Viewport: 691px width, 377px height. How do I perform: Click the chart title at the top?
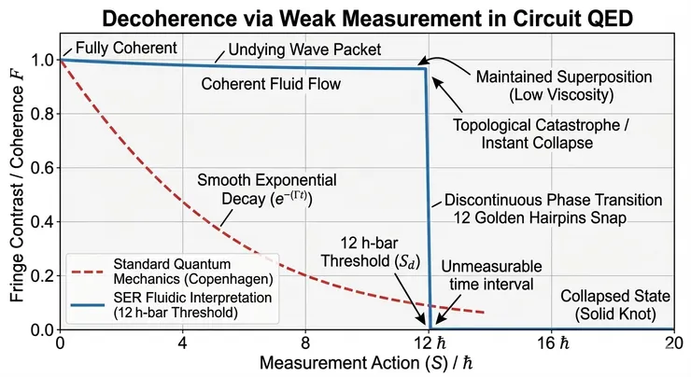click(x=345, y=18)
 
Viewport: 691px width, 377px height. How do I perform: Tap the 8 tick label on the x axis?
click(x=305, y=342)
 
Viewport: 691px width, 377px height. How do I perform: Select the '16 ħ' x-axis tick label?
click(x=550, y=342)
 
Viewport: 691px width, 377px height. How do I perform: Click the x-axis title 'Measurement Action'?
click(x=365, y=362)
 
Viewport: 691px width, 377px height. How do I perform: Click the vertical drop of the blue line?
click(x=429, y=196)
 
